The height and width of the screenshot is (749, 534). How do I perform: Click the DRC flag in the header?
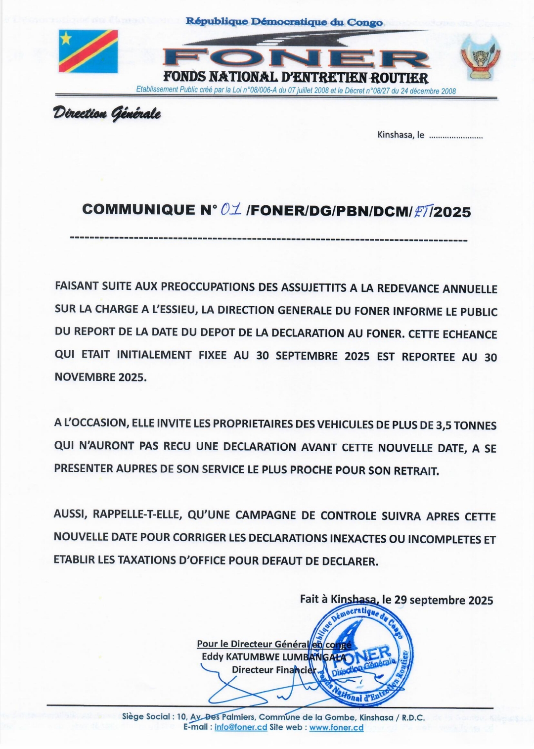pos(89,51)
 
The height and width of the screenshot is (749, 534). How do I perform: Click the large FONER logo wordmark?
pos(296,58)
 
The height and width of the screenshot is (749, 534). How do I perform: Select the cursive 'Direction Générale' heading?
pos(107,114)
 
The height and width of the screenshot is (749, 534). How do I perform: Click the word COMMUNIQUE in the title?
pos(138,210)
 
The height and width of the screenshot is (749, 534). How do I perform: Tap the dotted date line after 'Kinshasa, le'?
pos(455,136)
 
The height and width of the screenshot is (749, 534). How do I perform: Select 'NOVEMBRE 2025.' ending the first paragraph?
pos(100,377)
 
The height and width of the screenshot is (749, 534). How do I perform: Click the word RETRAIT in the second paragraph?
pos(416,470)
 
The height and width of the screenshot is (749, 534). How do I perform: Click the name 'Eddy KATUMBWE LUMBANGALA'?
pos(274,657)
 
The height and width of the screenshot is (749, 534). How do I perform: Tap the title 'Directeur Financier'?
pos(273,670)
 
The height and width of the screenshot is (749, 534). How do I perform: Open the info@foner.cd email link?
pos(241,727)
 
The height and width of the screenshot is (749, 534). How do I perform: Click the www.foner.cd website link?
pos(336,727)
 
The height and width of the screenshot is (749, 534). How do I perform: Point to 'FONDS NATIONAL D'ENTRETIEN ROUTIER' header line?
pos(296,78)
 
